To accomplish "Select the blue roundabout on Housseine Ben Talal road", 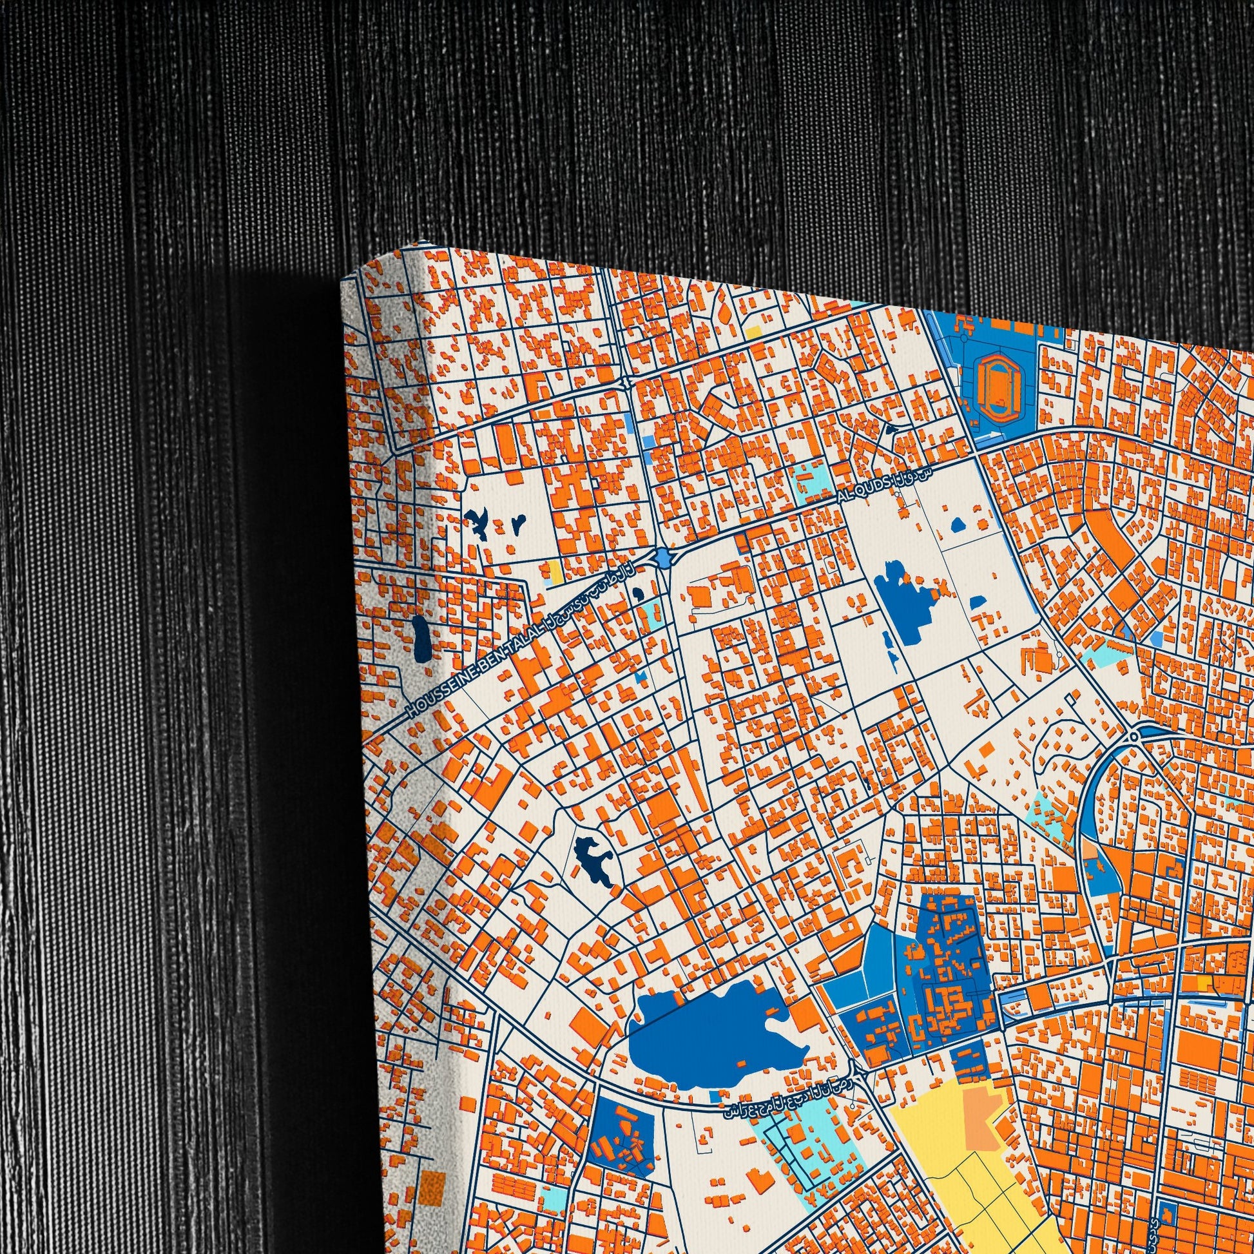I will [662, 556].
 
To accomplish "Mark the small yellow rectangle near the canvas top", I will [753, 332].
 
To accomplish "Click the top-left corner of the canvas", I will [342, 280].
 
